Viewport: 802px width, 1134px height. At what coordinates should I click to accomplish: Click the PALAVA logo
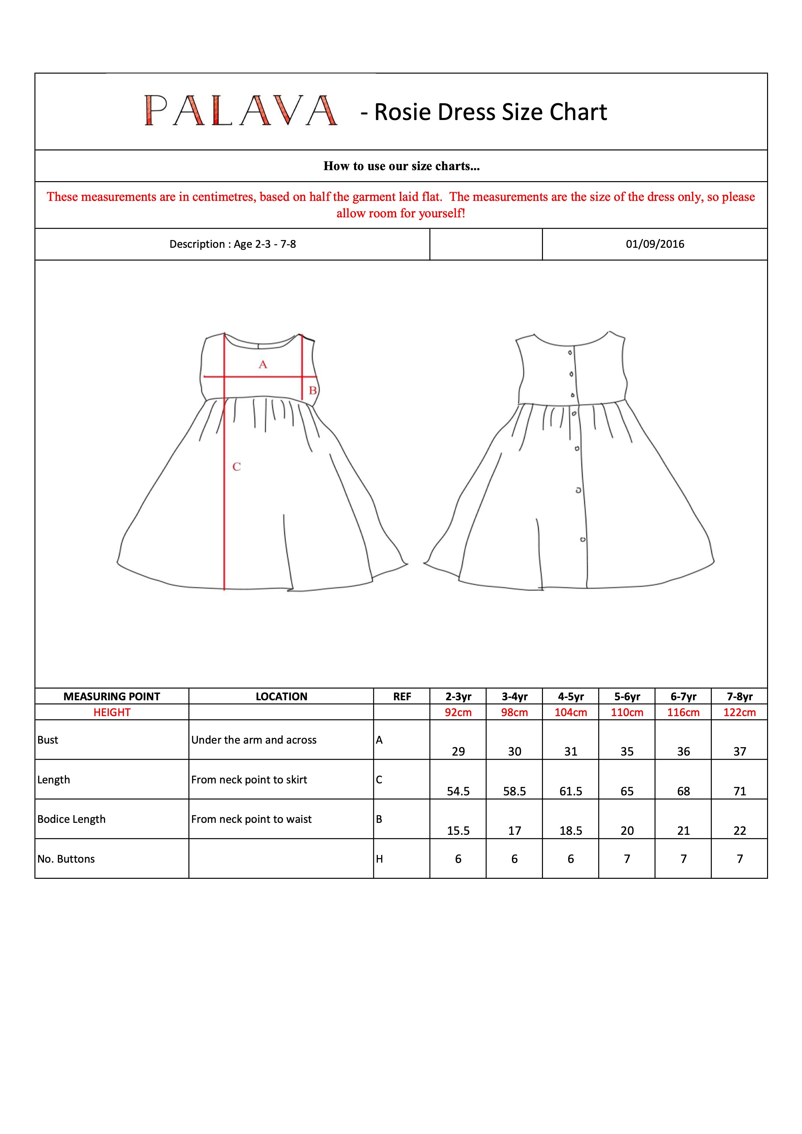pyautogui.click(x=241, y=111)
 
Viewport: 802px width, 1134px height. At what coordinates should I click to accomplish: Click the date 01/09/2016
pyautogui.click(x=655, y=244)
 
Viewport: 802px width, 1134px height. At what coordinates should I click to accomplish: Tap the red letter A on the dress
pyautogui.click(x=263, y=365)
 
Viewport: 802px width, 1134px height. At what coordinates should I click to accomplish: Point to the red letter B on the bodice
pyautogui.click(x=313, y=390)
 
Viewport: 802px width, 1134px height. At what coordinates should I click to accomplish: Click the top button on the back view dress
pyautogui.click(x=570, y=353)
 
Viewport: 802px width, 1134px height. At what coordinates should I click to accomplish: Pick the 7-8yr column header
pyautogui.click(x=739, y=696)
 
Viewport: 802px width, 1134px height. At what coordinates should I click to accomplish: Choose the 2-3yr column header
pyautogui.click(x=458, y=696)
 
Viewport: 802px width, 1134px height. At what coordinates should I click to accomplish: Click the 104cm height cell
pyautogui.click(x=571, y=712)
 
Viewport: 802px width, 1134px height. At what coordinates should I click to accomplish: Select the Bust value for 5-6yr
pyautogui.click(x=627, y=751)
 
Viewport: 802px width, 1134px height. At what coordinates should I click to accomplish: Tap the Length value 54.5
pyautogui.click(x=458, y=791)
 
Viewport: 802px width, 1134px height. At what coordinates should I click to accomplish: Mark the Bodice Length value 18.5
pyautogui.click(x=571, y=831)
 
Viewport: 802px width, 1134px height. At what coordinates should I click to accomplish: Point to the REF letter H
pyautogui.click(x=379, y=859)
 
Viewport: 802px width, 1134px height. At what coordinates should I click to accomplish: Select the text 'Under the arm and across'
pyautogui.click(x=254, y=740)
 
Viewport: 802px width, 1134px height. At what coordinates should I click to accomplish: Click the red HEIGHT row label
pyautogui.click(x=112, y=712)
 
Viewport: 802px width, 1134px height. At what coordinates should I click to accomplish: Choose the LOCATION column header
pyautogui.click(x=281, y=696)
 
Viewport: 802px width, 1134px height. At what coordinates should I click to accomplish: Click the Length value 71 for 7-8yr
pyautogui.click(x=739, y=791)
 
